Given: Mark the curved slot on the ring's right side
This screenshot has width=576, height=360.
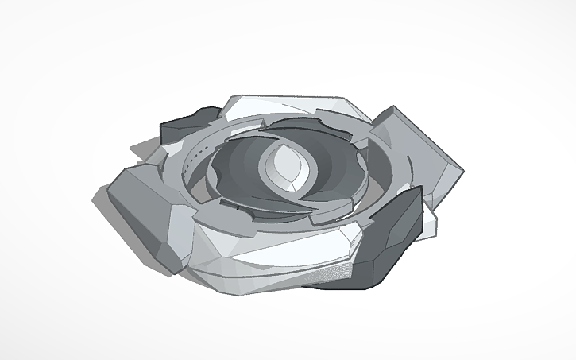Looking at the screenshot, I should [x=373, y=171].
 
